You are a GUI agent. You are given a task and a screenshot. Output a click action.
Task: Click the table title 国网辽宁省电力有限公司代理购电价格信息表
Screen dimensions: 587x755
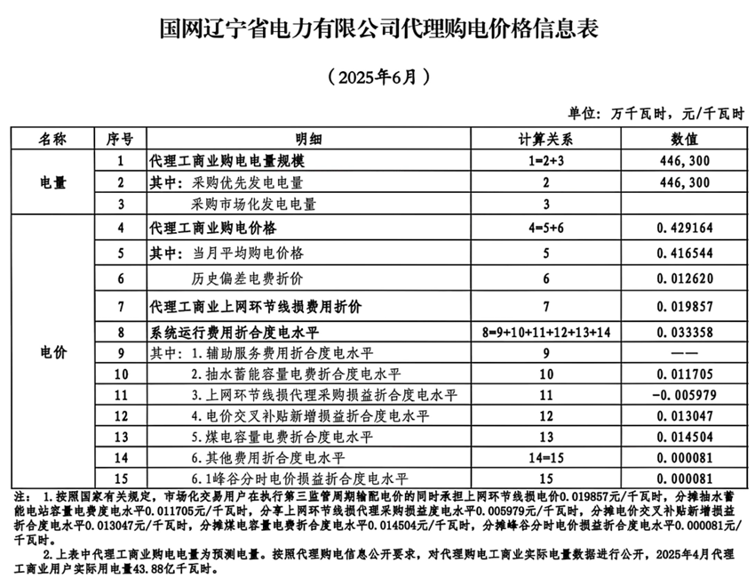point(377,30)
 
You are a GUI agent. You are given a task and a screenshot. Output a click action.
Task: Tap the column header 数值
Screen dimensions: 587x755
point(684,140)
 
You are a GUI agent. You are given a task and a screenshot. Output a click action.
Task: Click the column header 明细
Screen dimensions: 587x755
point(309,140)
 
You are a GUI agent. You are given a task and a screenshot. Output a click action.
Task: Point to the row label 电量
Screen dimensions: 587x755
point(53,181)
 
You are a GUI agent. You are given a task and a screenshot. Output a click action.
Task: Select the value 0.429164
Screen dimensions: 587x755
point(684,228)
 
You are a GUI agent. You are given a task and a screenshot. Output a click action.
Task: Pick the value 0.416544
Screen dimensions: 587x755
point(684,253)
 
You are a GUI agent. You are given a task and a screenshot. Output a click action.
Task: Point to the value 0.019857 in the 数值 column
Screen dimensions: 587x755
point(684,306)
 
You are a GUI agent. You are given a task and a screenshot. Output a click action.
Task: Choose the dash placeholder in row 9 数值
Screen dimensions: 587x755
point(684,353)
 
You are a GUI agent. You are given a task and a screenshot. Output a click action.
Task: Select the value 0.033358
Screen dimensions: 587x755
point(684,333)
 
